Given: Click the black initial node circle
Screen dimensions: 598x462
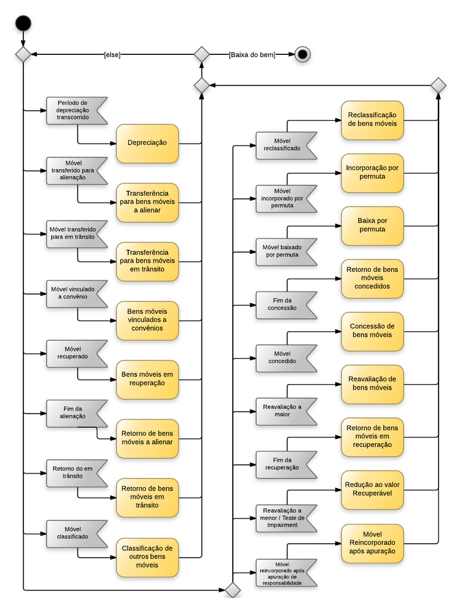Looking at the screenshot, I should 23,23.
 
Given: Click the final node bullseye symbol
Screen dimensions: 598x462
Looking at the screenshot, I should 302,54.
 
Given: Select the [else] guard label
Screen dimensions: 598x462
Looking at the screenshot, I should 112,55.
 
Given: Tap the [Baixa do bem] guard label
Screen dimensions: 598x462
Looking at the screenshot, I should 251,55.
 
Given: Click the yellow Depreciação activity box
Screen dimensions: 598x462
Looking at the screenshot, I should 147,143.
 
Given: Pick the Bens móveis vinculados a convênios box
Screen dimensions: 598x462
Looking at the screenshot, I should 147,320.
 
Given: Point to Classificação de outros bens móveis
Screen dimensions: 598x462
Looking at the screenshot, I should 147,557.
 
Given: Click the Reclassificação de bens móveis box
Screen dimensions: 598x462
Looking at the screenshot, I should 372,119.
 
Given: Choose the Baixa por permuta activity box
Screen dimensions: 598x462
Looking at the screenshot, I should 372,225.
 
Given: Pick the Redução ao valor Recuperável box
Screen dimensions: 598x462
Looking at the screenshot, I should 372,489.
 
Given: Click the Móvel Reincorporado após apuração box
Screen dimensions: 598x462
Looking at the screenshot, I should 372,543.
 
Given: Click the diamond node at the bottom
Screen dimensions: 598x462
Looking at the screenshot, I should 233,591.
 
